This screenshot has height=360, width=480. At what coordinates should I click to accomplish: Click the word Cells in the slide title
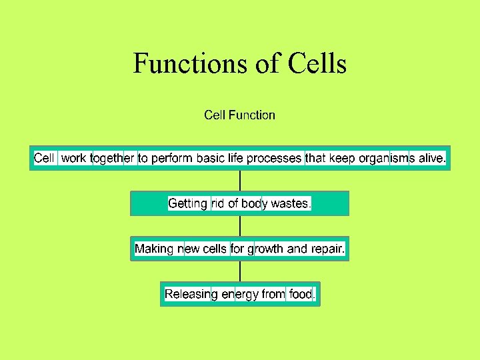tap(317, 64)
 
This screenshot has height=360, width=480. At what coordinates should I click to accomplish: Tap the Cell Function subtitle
tap(239, 115)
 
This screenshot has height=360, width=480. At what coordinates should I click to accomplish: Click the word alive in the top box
tap(431, 159)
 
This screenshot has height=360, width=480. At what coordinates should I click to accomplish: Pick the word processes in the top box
tap(274, 159)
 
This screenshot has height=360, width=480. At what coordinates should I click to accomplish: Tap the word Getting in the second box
tap(187, 203)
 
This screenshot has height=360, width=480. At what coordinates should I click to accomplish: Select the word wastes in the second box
tap(289, 203)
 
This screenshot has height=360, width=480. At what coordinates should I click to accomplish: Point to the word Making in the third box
tap(154, 249)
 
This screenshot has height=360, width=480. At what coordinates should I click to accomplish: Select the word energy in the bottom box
tap(239, 294)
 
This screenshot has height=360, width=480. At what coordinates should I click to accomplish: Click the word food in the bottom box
tap(301, 294)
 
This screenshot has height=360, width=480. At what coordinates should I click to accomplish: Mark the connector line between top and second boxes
tap(240, 181)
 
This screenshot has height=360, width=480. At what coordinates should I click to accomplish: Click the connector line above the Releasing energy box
tap(240, 271)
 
